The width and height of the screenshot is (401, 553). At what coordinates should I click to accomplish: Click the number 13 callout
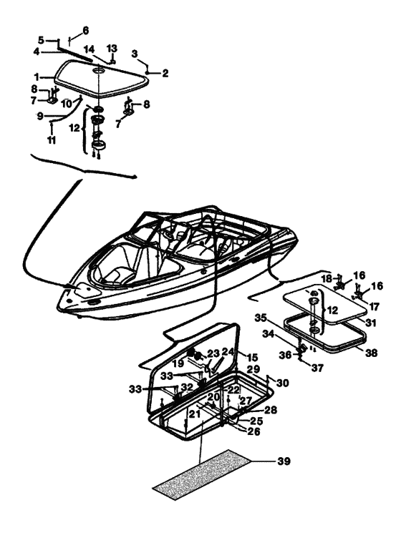(x=111, y=48)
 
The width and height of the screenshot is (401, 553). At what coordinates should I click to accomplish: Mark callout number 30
(x=284, y=383)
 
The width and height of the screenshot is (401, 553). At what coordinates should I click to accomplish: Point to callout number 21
(x=193, y=415)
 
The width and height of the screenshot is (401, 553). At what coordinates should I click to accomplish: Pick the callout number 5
(x=41, y=40)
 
